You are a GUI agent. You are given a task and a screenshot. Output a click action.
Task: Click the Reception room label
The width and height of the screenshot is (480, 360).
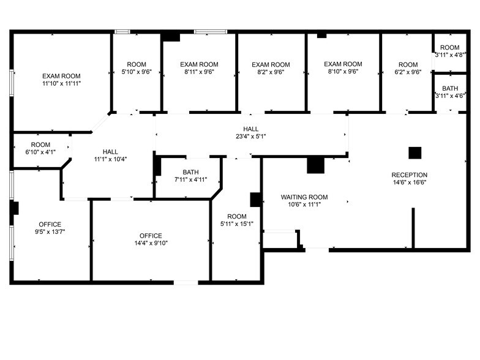(409, 175)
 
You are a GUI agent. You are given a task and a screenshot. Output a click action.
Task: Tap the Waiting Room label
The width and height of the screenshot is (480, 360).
(304, 197)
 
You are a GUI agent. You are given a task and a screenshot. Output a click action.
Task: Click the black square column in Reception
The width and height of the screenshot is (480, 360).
(415, 153)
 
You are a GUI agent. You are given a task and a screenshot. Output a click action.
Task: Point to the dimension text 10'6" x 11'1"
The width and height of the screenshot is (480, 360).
(304, 204)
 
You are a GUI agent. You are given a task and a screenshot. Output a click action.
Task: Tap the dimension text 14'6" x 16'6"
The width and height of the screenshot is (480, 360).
(409, 182)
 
